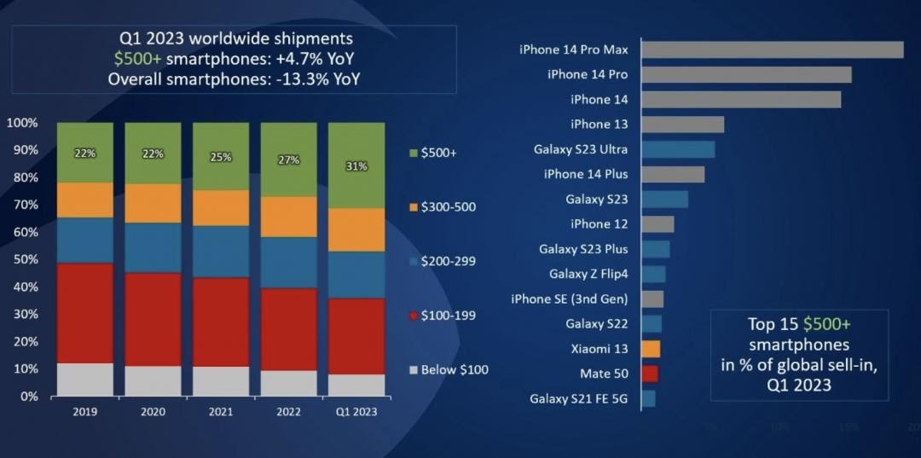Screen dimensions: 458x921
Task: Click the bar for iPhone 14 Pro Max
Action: point(772,49)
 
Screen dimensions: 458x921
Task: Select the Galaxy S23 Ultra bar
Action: point(677,149)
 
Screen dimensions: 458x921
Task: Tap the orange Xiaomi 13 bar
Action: point(651,349)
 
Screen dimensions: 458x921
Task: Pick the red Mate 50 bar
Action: point(649,374)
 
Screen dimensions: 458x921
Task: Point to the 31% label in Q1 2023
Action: point(356,166)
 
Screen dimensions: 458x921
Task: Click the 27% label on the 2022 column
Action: point(289,159)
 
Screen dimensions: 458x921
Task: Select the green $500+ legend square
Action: point(414,153)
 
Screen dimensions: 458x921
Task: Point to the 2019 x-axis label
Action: point(85,411)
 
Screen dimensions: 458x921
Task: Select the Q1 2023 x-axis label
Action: point(356,411)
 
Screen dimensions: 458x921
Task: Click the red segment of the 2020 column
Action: point(153,319)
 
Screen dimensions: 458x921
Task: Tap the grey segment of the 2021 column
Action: point(221,381)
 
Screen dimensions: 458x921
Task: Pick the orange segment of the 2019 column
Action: point(85,200)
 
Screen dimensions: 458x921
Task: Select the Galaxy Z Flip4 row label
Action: point(588,274)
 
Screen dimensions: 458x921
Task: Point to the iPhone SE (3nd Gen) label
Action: point(569,299)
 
